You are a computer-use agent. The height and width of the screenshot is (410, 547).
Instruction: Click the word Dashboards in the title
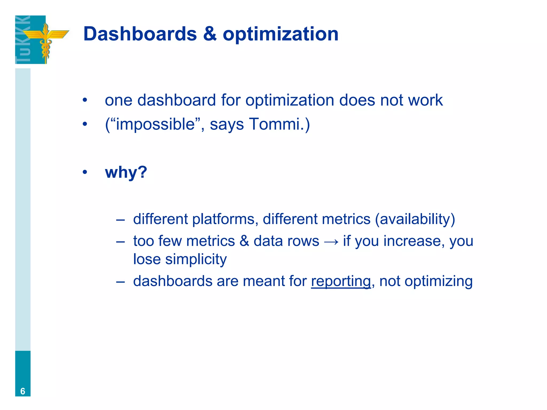140,34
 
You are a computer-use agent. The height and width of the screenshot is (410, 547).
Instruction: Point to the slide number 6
23,391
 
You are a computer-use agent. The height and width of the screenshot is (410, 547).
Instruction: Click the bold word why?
126,172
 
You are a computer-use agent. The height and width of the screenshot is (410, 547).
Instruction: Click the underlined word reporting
341,281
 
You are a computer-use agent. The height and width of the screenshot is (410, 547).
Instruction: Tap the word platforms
223,219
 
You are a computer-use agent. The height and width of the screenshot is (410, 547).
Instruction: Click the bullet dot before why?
85,172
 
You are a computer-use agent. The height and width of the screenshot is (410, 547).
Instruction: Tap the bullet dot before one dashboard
85,100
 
